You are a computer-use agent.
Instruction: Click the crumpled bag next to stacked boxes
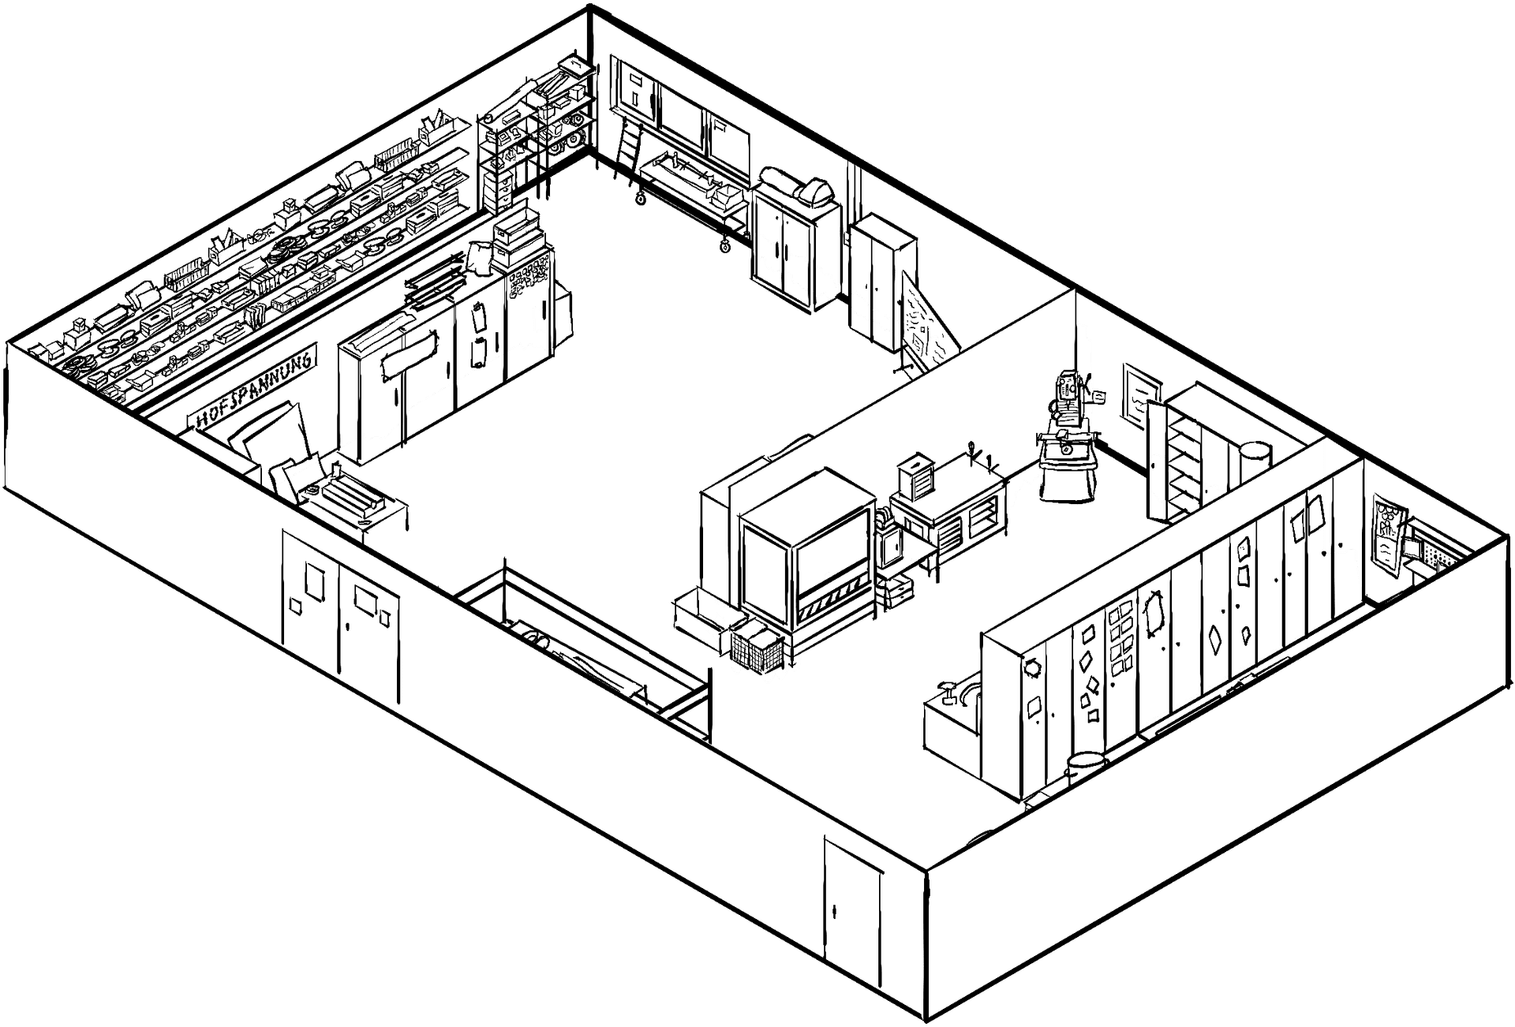tap(479, 256)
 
